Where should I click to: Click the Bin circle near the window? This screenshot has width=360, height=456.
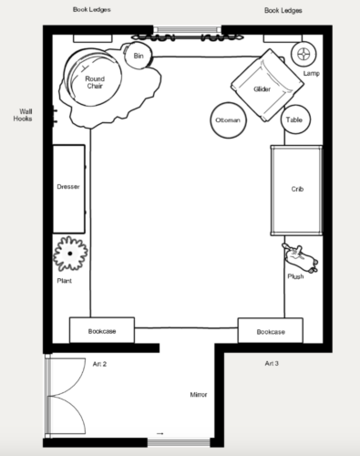tap(139, 56)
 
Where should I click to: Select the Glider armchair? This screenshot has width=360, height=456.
tap(267, 85)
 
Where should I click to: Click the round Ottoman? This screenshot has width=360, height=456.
tap(228, 120)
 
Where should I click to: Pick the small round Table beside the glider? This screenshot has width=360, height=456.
tap(295, 119)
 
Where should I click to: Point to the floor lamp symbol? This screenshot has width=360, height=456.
tap(303, 54)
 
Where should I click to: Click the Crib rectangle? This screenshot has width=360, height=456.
tap(296, 191)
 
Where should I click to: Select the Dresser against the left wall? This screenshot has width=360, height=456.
tap(69, 189)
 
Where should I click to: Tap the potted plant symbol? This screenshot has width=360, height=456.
tap(70, 254)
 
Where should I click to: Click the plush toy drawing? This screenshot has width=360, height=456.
tap(300, 257)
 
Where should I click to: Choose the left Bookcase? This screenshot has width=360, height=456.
tap(102, 330)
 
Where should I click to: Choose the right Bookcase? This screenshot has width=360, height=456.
tap(271, 331)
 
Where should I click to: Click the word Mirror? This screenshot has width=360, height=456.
tap(199, 395)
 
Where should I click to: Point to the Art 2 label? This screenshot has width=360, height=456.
tap(99, 364)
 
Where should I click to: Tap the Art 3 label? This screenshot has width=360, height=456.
tap(272, 363)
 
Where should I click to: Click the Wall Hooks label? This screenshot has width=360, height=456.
tap(23, 115)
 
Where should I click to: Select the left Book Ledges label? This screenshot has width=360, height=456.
tap(92, 9)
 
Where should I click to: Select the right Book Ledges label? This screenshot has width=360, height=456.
tap(283, 10)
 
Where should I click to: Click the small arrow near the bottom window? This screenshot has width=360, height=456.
tap(160, 433)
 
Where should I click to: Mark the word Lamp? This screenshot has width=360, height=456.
tap(312, 73)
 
